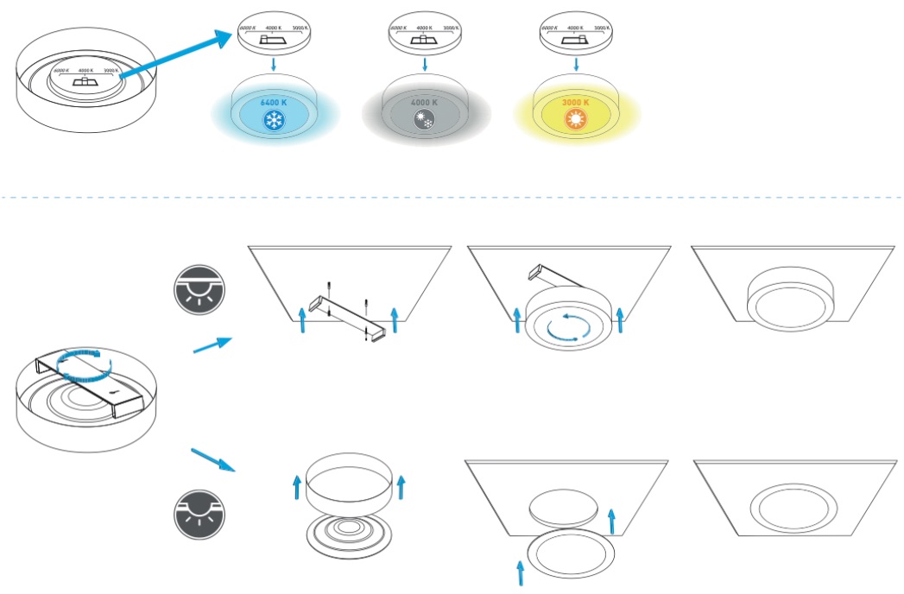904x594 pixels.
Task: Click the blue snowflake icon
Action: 275,119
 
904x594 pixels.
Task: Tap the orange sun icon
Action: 575,119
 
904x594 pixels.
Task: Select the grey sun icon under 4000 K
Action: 424,120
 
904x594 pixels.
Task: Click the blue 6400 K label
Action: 275,102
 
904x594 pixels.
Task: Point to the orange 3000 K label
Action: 575,102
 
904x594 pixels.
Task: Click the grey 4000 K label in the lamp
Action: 424,102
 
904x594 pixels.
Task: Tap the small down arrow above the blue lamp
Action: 275,66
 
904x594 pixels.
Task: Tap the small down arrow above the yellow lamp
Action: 575,66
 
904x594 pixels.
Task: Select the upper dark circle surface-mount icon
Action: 198,294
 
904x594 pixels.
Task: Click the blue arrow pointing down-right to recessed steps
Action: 212,458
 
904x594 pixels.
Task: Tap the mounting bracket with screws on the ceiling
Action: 346,313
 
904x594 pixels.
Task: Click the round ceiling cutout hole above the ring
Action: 563,506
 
